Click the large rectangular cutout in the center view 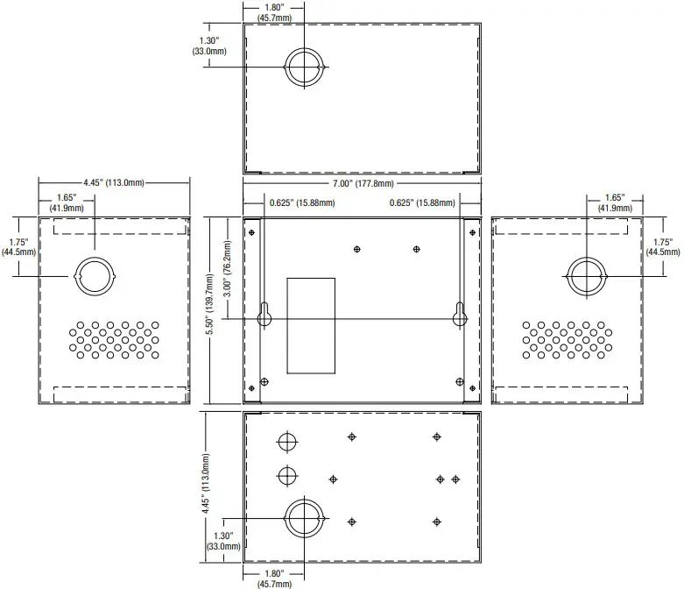[311, 323]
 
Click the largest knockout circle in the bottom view [304, 516]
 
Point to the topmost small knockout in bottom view [286, 441]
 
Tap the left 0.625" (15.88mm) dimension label [302, 203]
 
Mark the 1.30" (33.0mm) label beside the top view [208, 46]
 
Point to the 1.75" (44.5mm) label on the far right [659, 246]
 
